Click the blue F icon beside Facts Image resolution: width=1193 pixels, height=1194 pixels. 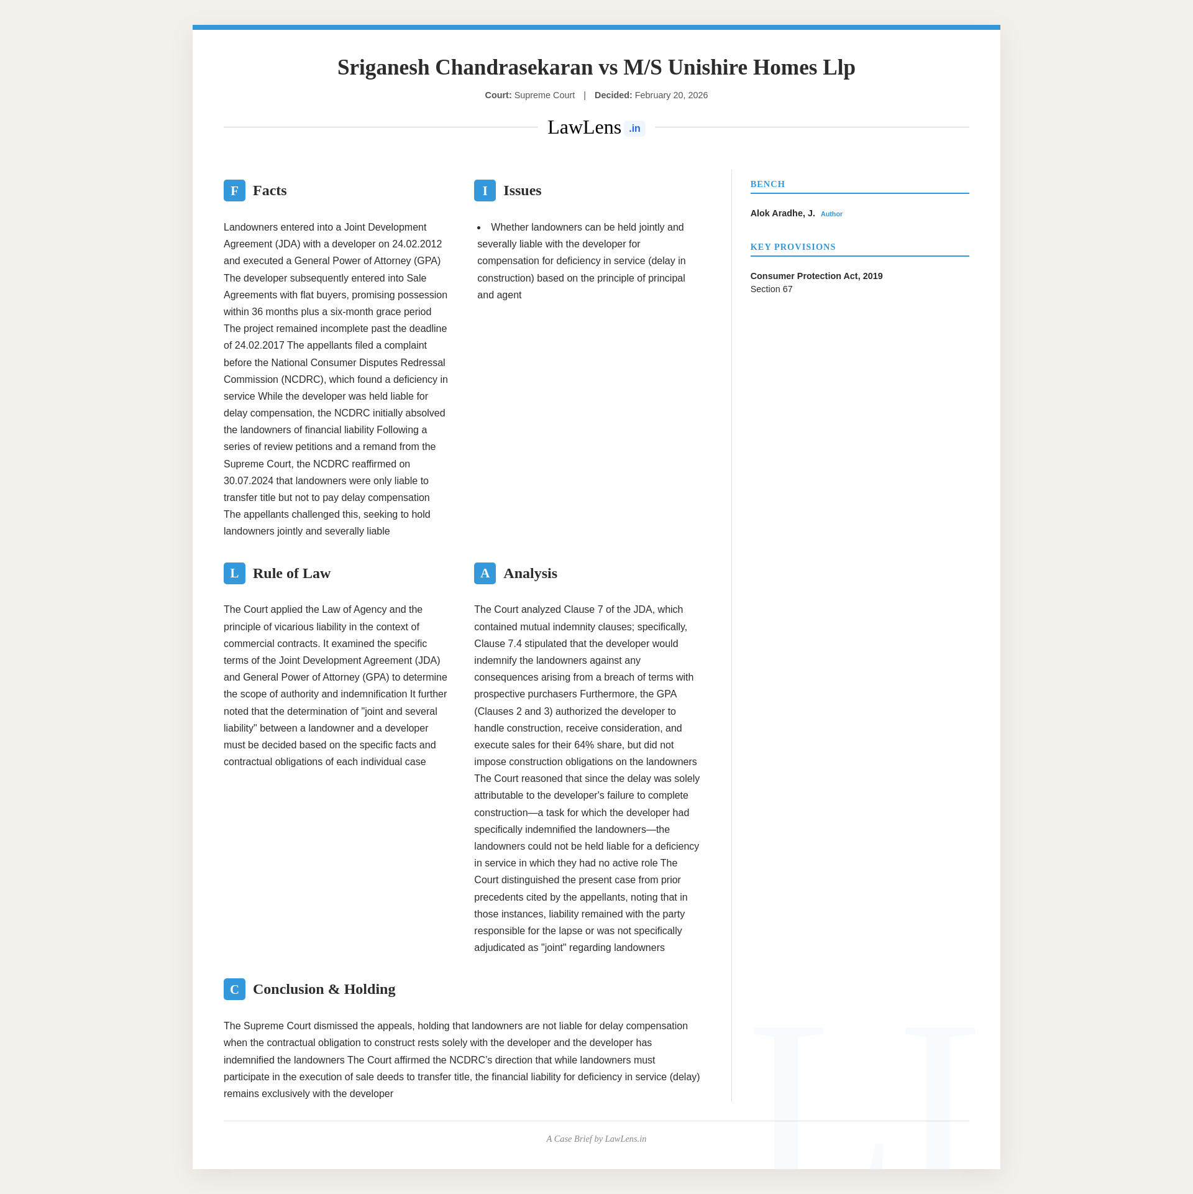[234, 191]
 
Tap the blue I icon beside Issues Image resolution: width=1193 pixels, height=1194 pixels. [485, 191]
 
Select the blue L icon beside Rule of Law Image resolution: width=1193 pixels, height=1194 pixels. [234, 573]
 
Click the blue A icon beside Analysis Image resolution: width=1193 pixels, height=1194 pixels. [485, 573]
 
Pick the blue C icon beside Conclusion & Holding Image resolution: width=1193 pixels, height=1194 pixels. [234, 989]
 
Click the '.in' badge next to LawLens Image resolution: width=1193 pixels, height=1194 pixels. [634, 129]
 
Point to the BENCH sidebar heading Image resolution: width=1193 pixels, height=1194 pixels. [767, 184]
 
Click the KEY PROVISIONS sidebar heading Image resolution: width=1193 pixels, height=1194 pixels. [793, 247]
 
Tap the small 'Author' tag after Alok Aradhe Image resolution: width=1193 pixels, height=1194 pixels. [831, 214]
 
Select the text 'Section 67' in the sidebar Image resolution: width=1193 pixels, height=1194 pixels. [771, 289]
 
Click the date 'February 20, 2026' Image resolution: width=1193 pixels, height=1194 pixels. [671, 95]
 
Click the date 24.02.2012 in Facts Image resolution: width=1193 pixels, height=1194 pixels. [417, 244]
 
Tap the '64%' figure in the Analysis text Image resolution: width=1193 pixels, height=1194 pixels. [584, 745]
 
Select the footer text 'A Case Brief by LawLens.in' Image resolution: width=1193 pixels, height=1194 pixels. [596, 1139]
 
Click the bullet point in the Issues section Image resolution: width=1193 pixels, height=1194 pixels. [479, 227]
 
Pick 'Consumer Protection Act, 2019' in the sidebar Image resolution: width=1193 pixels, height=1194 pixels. [816, 276]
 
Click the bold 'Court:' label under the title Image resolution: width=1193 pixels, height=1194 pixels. [498, 95]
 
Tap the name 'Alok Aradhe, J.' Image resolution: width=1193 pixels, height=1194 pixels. [782, 213]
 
